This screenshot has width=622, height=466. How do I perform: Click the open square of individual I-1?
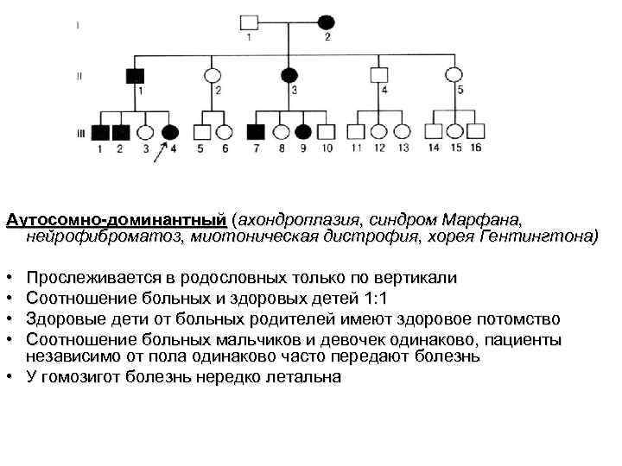(250, 21)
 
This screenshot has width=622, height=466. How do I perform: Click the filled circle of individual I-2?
(327, 21)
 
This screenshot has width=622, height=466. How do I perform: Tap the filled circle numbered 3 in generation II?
(294, 75)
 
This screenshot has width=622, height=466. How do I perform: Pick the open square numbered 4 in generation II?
(384, 75)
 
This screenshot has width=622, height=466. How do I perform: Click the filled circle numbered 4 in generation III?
(170, 132)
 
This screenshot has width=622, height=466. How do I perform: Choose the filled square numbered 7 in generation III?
(256, 132)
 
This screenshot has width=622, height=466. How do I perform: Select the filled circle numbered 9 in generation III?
(303, 132)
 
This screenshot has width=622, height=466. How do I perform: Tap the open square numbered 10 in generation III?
(326, 132)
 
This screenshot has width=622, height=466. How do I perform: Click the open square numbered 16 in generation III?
(475, 131)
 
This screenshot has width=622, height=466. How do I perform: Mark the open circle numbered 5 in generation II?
(460, 75)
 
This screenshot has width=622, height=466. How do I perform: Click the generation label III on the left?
(80, 133)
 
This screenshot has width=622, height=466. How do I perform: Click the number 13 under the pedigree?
(403, 148)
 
